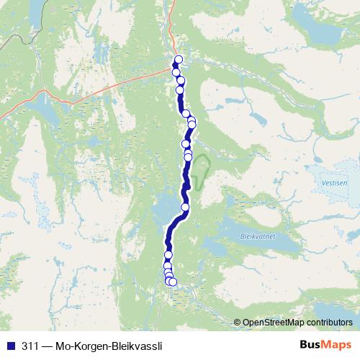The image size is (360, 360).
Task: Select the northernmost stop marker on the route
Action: (x=179, y=60)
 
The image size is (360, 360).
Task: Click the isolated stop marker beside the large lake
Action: (x=185, y=207)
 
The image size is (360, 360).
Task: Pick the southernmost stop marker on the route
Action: (x=172, y=282)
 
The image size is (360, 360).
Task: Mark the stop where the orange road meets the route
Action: (x=176, y=71)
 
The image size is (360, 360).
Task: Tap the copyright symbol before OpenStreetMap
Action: (x=238, y=322)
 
